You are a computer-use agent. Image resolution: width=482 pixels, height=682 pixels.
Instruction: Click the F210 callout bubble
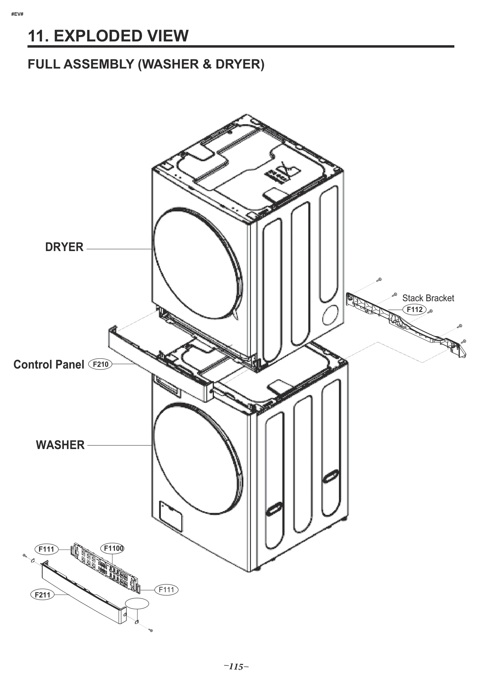100,364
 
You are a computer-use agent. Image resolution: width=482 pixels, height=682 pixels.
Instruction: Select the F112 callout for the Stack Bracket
415,310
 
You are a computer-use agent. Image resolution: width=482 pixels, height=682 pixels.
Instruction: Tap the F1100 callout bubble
114,548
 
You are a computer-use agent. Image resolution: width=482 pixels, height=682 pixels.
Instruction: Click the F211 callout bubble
42,595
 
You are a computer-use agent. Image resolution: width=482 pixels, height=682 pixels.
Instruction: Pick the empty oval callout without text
137,604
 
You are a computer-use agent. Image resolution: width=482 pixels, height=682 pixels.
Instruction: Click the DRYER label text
64,247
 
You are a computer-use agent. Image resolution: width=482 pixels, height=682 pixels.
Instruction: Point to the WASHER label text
60,445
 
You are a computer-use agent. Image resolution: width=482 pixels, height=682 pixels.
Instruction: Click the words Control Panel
49,365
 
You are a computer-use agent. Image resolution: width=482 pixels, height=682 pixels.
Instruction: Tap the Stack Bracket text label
428,298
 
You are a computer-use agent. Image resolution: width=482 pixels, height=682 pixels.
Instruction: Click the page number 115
236,667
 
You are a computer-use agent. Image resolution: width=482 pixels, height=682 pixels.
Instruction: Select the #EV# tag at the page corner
17,14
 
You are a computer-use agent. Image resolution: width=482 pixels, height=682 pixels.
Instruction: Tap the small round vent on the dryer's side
330,315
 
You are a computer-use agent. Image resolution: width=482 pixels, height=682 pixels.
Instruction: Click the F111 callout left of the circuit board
46,549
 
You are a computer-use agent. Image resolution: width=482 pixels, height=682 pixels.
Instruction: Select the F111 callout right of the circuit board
166,589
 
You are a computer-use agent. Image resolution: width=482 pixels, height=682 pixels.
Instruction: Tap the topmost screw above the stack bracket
380,279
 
